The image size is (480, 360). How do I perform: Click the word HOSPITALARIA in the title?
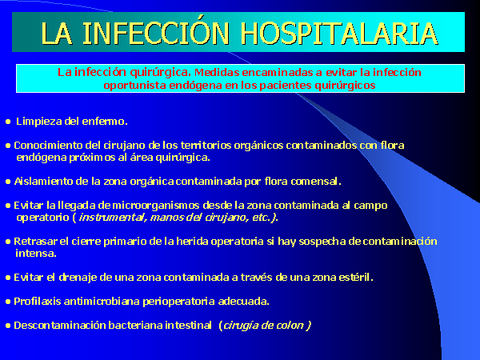pyautogui.click(x=339, y=34)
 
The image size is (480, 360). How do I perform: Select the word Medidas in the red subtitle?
pyautogui.click(x=217, y=72)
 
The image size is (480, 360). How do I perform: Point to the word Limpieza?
pyautogui.click(x=39, y=122)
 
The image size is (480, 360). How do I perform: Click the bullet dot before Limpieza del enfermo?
pyautogui.click(x=8, y=122)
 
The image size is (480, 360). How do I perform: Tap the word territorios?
pyautogui.click(x=206, y=145)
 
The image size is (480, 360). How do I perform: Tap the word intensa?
pyautogui.click(x=36, y=254)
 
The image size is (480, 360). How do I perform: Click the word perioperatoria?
pyautogui.click(x=178, y=302)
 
